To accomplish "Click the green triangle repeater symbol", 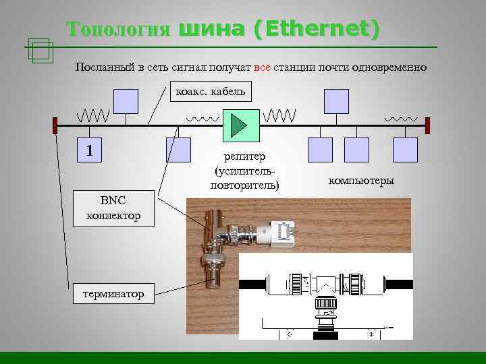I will coord(238,124).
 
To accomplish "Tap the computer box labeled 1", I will coord(90,150).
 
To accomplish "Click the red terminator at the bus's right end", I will coord(427,125).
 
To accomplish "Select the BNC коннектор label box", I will coord(113,208).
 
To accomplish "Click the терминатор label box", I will coord(114,295).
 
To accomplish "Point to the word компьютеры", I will coord(362,181).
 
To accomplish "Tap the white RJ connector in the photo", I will coord(283,233).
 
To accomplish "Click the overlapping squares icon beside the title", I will coord(41,51).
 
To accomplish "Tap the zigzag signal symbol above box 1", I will coord(92,115).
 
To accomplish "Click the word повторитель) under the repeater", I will coord(245,184).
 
